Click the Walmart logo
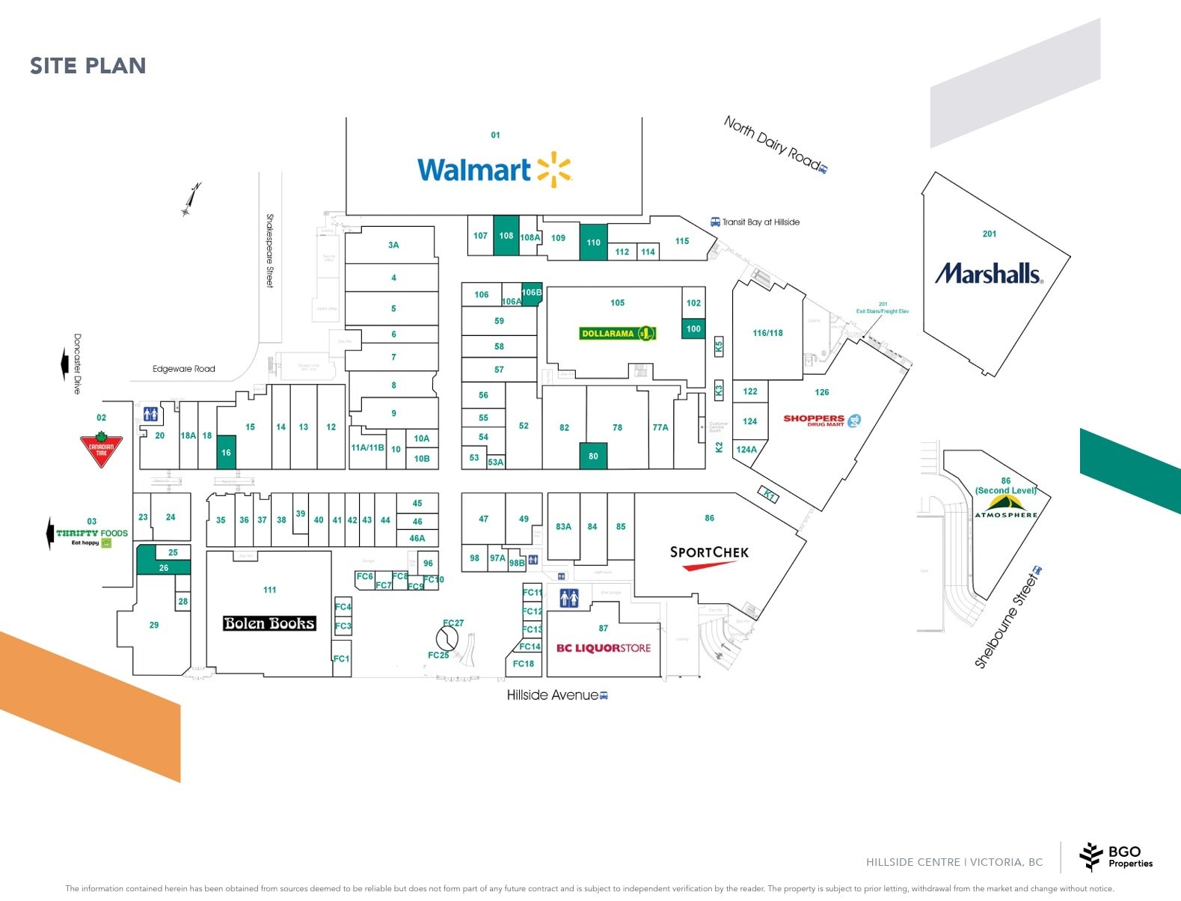point(494,171)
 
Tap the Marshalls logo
point(989,273)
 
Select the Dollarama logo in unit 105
point(618,333)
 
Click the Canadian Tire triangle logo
point(101,449)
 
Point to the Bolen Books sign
point(269,623)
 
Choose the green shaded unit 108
point(506,236)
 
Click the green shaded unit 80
point(593,456)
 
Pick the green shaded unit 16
point(226,452)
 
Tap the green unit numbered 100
point(693,329)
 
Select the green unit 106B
point(531,293)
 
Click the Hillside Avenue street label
point(553,695)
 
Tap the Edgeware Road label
point(183,369)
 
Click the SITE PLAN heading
point(88,66)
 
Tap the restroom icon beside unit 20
point(150,414)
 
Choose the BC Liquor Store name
point(603,648)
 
